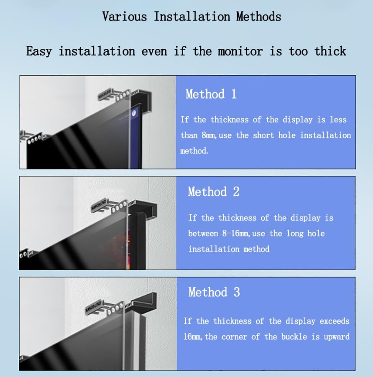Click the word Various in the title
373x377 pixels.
pyautogui.click(x=124, y=17)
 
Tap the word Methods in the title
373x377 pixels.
pyautogui.click(x=258, y=17)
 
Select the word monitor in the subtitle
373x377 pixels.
pyautogui.click(x=240, y=51)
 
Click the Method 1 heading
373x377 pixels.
pyautogui.click(x=211, y=94)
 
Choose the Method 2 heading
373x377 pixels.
pyautogui.click(x=214, y=191)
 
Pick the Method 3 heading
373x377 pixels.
pyautogui.click(x=214, y=292)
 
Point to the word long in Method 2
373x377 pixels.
pyautogui.click(x=295, y=234)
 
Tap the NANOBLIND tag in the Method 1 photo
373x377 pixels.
pyautogui.click(x=105, y=94)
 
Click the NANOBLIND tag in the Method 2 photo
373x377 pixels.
pyautogui.click(x=99, y=205)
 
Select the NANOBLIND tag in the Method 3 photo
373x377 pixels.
pyautogui.click(x=93, y=306)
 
